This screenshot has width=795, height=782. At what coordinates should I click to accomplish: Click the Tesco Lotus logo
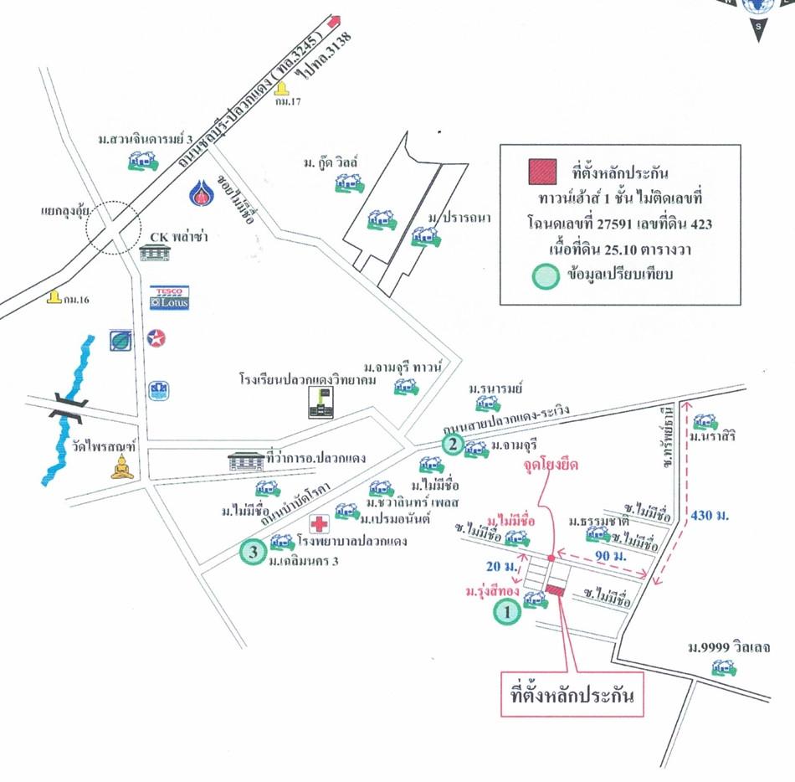point(170,298)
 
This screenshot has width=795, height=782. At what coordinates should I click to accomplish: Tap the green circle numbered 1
point(506,614)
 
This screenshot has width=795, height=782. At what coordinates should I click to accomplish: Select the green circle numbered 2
point(452,444)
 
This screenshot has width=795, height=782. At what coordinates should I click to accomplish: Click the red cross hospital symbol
point(319,525)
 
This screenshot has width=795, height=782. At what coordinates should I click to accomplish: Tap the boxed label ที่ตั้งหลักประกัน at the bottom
point(572,694)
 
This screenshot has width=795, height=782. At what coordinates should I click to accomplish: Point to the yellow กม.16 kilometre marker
point(54,297)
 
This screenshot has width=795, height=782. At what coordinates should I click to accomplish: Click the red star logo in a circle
point(156,338)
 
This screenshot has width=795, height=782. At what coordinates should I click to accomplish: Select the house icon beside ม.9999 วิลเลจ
point(723,667)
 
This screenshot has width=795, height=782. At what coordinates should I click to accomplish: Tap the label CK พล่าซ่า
point(177,237)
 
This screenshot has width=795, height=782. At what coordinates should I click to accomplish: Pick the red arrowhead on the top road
point(336,21)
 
